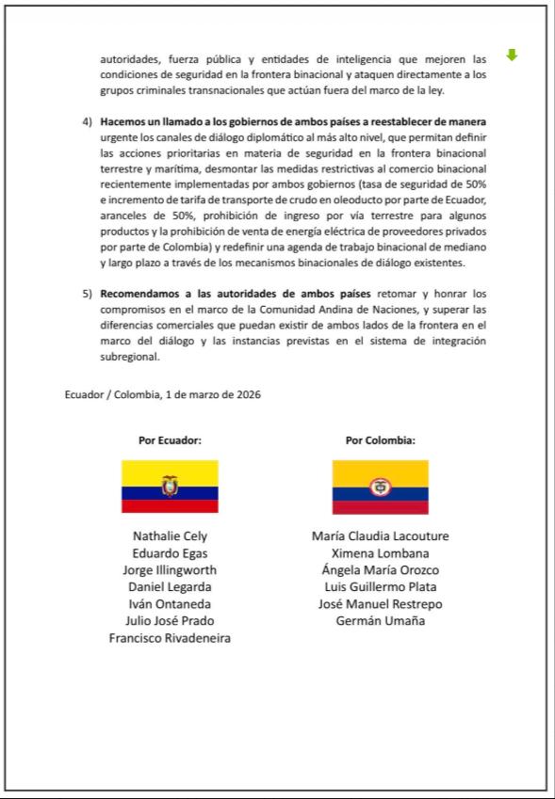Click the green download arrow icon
[512, 56]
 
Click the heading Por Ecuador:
[170, 439]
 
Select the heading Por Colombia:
[380, 439]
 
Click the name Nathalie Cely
[170, 536]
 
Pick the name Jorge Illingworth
[170, 570]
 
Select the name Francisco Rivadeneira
[170, 638]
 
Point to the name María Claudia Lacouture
[380, 536]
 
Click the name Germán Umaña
[380, 621]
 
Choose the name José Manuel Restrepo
[380, 604]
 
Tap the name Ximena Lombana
[380, 553]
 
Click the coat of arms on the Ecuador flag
[170, 486]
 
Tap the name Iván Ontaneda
[170, 604]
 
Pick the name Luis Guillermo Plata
[380, 587]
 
